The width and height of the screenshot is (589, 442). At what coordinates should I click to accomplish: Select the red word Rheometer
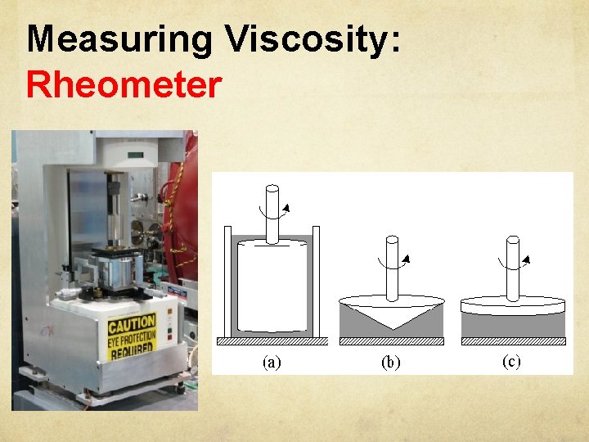point(123,84)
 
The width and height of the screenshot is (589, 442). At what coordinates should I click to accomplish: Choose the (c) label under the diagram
point(510,362)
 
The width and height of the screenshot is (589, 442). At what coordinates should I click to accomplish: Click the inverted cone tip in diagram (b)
point(391,326)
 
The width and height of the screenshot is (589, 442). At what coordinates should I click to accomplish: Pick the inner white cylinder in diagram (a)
point(272,286)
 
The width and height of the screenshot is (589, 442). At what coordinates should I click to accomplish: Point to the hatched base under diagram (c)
point(513,341)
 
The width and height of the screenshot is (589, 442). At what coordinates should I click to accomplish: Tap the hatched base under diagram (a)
point(272,341)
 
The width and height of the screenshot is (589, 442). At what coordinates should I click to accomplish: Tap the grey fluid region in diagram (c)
point(513,325)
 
